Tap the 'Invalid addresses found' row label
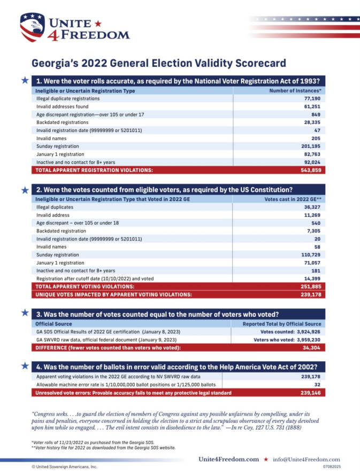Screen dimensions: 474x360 click(63, 107)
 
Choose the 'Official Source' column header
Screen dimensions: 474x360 click(53, 324)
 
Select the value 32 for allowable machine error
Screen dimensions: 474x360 click(316, 385)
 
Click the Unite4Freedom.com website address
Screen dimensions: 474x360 click(228, 460)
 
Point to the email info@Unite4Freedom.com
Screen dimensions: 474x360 click(306, 460)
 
